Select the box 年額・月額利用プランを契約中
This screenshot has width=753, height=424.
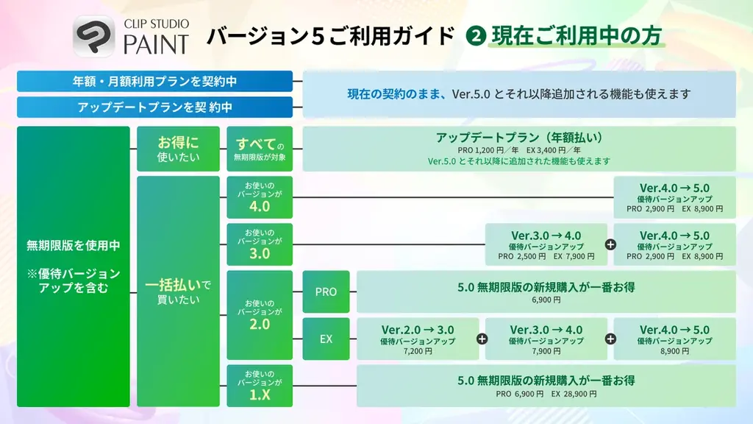pos(154,81)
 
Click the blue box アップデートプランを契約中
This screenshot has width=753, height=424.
pos(154,107)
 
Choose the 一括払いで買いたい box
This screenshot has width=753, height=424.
pos(178,291)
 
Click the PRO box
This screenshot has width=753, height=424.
pos(326,291)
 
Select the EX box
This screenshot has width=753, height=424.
pos(326,339)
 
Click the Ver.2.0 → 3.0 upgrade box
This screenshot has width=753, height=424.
pos(417,339)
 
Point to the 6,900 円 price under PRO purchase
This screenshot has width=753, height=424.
pos(546,300)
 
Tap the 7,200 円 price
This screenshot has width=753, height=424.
pos(417,352)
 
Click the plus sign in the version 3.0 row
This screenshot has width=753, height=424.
pos(610,244)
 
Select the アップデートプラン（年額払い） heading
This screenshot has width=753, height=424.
pos(519,137)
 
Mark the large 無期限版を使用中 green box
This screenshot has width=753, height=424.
pos(73,266)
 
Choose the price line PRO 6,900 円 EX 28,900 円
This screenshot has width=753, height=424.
pos(546,395)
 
